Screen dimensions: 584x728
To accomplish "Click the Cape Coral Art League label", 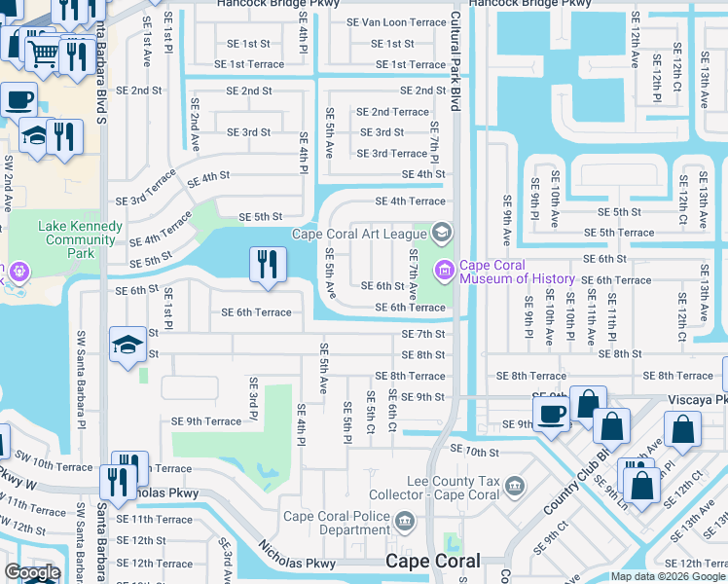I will (358, 234).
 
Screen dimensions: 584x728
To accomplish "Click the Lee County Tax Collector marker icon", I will (515, 485).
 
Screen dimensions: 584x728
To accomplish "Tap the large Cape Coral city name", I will (432, 562).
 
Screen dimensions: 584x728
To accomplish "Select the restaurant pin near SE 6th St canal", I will (267, 264).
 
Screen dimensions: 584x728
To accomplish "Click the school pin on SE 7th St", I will (127, 345).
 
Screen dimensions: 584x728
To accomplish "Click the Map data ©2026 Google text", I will (667, 576).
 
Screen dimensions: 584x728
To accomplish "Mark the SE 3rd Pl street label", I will (252, 399).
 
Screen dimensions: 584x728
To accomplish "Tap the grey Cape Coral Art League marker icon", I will (442, 232).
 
